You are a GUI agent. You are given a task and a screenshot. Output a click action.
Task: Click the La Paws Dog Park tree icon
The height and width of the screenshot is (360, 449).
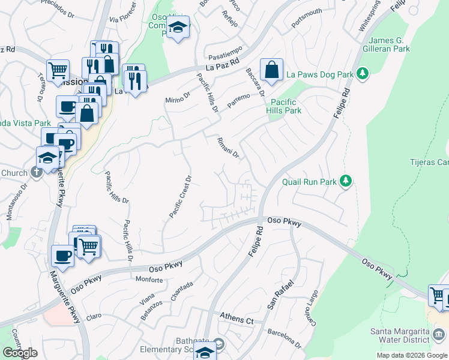coord(362,74)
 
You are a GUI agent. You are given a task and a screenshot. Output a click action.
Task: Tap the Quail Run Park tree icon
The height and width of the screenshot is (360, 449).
coord(345,181)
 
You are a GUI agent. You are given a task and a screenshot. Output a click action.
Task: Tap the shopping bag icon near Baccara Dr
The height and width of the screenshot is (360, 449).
coord(272,69)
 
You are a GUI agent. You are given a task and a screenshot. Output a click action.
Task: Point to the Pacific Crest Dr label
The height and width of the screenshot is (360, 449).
coord(179,197)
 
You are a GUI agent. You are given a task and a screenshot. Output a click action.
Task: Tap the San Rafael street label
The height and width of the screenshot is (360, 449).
coord(280,295)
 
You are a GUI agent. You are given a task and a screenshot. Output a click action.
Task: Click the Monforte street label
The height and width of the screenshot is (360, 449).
coord(149,280)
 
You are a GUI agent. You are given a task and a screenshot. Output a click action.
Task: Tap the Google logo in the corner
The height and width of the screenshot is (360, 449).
coord(20,353)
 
